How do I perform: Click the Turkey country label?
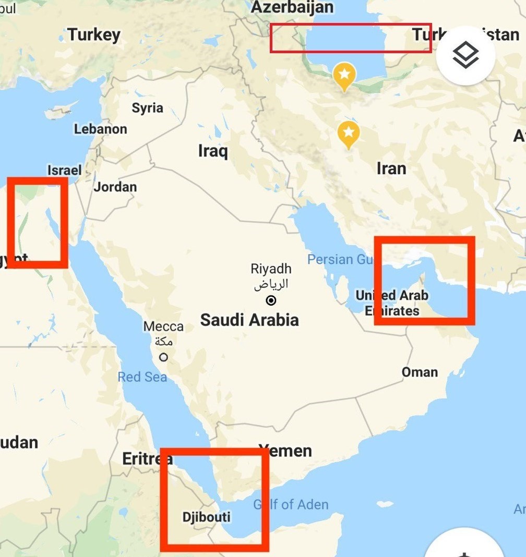click(x=94, y=35)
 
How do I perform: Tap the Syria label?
click(x=147, y=108)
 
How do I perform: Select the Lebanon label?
click(x=100, y=129)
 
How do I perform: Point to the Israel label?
click(x=65, y=170)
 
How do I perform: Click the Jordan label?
click(x=115, y=187)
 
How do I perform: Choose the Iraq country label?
click(x=213, y=151)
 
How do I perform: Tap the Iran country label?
click(x=391, y=168)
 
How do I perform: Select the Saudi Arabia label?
click(x=249, y=320)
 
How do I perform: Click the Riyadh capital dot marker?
click(x=271, y=300)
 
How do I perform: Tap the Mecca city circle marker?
click(x=164, y=357)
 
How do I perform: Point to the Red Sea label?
click(x=142, y=377)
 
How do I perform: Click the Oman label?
click(x=420, y=372)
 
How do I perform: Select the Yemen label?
click(x=286, y=451)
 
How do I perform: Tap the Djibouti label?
click(x=206, y=517)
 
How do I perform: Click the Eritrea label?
click(x=147, y=459)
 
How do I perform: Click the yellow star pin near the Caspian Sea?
click(x=344, y=75)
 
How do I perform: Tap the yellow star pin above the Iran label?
click(x=349, y=133)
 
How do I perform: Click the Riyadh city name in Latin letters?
click(x=271, y=269)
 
